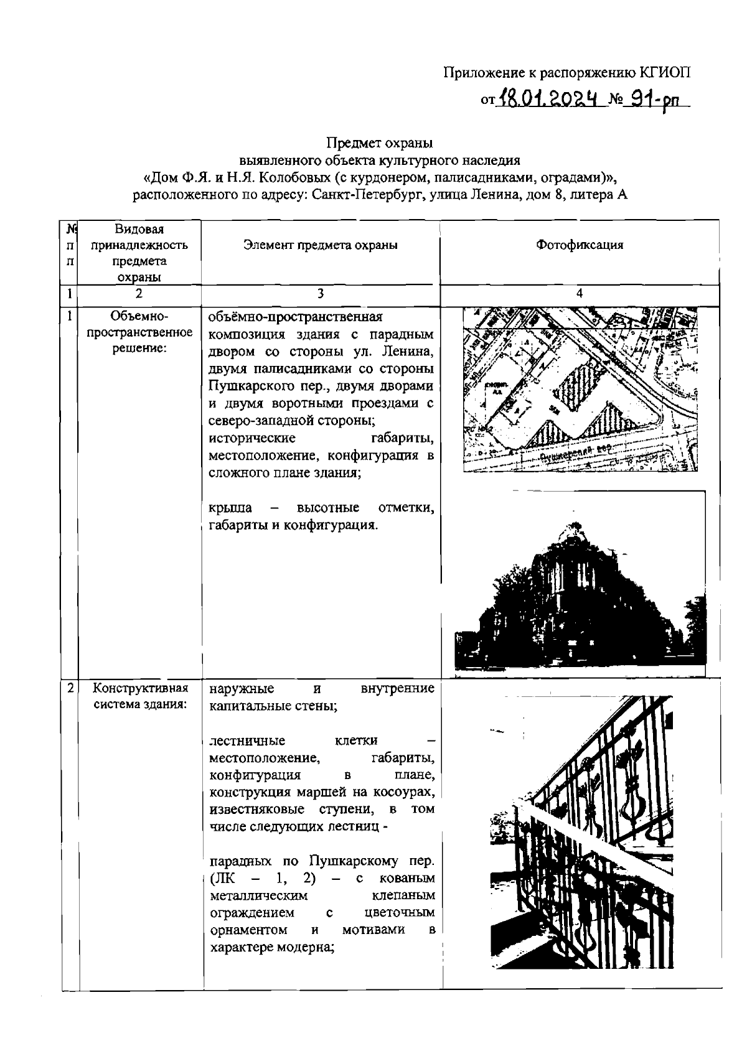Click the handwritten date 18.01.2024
pyautogui.click(x=550, y=97)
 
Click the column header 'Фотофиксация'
pyautogui.click(x=579, y=245)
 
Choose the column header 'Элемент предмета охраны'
pyautogui.click(x=321, y=245)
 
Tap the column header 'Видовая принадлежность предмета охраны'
pyautogui.click(x=139, y=253)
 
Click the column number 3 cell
pyautogui.click(x=320, y=294)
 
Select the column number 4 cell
pyautogui.click(x=579, y=294)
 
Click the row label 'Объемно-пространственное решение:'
pyautogui.click(x=139, y=332)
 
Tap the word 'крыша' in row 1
pyautogui.click(x=230, y=508)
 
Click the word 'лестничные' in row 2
pyautogui.click(x=247, y=741)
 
